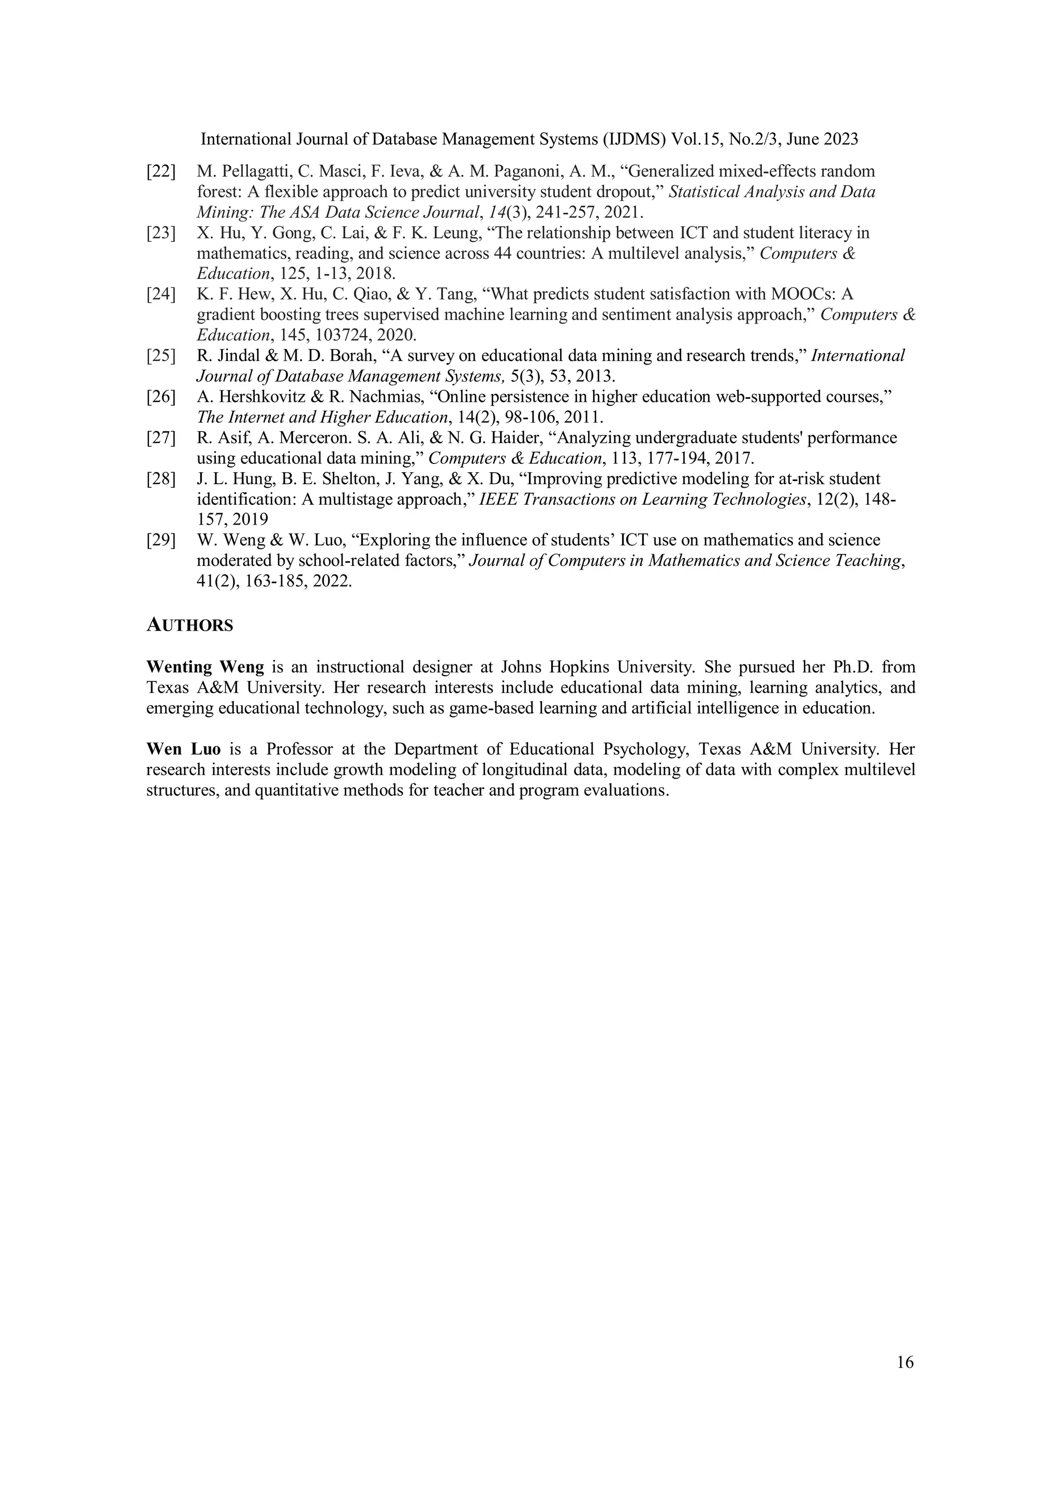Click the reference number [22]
160,172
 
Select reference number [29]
160,540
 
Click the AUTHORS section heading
189,625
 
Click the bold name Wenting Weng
205,667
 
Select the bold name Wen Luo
184,749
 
